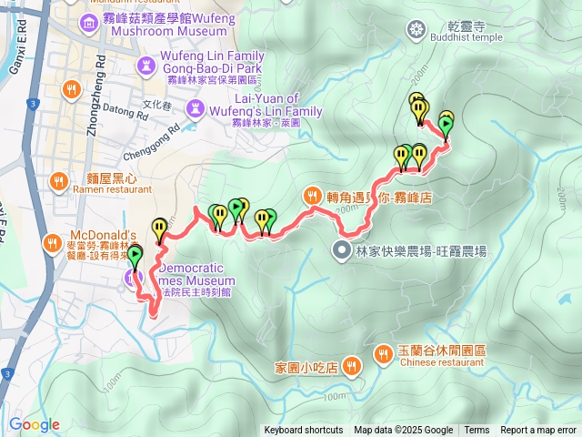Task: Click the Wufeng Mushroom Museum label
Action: tap(165, 25)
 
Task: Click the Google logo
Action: tap(35, 424)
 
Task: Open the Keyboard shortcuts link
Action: tap(304, 431)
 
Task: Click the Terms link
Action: tap(477, 431)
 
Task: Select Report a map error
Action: tap(539, 431)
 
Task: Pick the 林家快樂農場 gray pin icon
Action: tap(342, 251)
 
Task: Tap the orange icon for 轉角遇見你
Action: tap(311, 196)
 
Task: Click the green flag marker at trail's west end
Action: tap(135, 257)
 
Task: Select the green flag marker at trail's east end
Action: tap(446, 123)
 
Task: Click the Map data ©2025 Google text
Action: tap(404, 431)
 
